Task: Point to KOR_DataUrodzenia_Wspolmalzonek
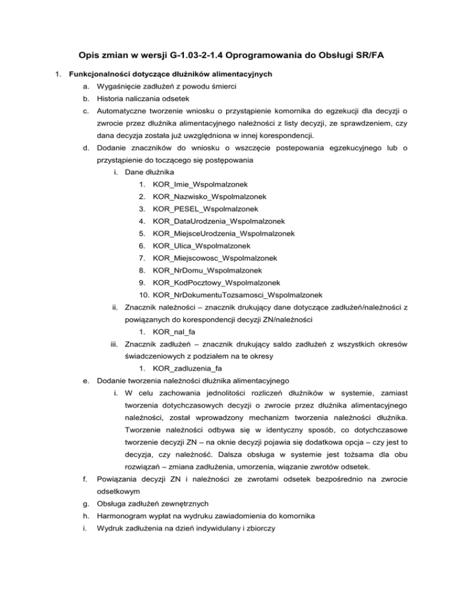tap(219, 221)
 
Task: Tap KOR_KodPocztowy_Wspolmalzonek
tap(216, 282)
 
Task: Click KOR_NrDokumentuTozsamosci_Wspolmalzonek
tap(238, 295)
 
